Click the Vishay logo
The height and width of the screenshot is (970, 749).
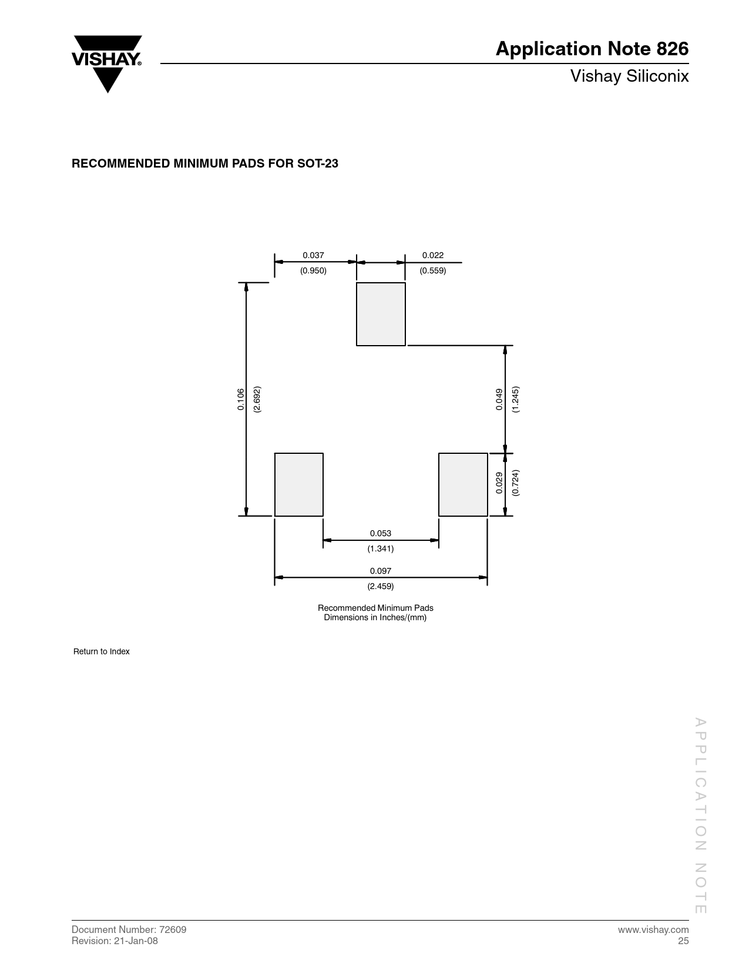click(106, 63)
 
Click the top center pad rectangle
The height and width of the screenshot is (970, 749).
click(381, 314)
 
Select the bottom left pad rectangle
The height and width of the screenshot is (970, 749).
click(298, 484)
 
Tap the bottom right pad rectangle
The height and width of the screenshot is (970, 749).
click(462, 484)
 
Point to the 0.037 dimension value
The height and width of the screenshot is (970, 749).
click(313, 255)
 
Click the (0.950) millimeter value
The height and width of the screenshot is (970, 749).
click(313, 270)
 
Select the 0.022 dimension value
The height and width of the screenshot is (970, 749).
click(433, 255)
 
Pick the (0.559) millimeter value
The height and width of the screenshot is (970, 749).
click(433, 270)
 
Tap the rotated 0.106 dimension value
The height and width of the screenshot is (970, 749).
click(241, 399)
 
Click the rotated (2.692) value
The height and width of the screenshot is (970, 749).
click(257, 399)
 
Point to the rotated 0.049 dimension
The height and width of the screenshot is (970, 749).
click(499, 399)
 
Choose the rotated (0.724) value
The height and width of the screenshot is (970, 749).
click(515, 483)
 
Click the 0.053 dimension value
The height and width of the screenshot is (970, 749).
click(381, 533)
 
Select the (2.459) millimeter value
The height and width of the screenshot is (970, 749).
click(381, 586)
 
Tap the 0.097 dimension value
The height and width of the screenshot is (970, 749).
click(381, 570)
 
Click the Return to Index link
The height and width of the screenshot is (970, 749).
click(101, 651)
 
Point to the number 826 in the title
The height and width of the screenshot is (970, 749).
click(672, 49)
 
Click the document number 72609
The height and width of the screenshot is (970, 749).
click(173, 929)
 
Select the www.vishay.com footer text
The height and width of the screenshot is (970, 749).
click(653, 930)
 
